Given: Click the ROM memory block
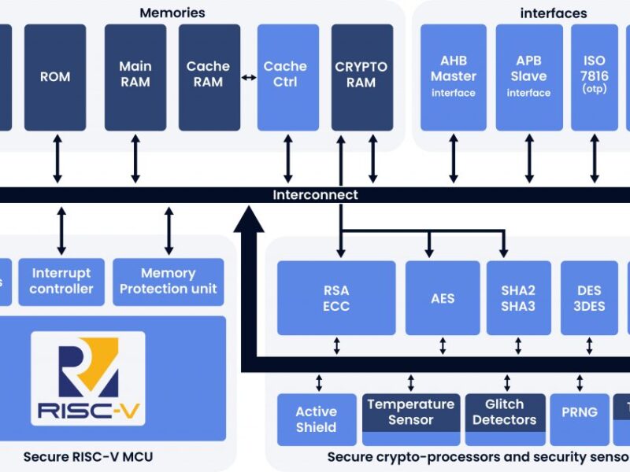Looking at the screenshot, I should click(x=55, y=77).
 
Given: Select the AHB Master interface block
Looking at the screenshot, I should click(x=454, y=77).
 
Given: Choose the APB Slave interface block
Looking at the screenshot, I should click(x=529, y=77).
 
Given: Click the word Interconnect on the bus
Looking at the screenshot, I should click(x=315, y=195).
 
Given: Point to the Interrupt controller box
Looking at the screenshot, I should click(x=61, y=281).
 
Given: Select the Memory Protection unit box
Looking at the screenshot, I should click(x=169, y=281).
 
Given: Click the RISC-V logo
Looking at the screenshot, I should click(x=87, y=378).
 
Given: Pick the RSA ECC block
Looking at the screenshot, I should click(x=336, y=298).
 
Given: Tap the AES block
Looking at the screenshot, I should click(x=443, y=298).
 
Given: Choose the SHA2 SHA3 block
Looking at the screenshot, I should click(x=517, y=298).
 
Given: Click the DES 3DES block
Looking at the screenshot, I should click(x=590, y=298).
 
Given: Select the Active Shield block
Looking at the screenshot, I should click(x=316, y=419).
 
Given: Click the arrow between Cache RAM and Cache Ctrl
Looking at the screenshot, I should click(x=249, y=77).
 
